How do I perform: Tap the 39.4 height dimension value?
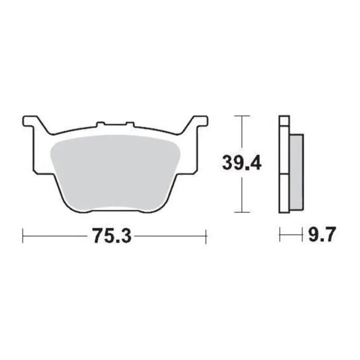pos(242,164)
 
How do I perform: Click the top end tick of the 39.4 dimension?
pos(242,116)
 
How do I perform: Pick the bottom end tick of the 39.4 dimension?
pos(242,212)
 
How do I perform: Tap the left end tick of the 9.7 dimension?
pos(280,236)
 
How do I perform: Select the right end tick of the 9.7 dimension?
pos(301,236)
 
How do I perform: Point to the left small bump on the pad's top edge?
pos(101,124)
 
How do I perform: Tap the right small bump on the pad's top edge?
pos(130,124)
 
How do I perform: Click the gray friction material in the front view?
pos(115,170)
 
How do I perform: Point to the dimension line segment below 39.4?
pos(242,193)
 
